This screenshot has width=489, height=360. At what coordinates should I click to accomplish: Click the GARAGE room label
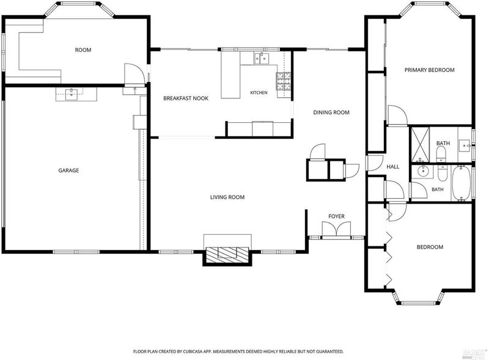coord(68,171)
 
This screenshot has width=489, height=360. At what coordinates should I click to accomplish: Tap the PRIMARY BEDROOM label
coord(430,70)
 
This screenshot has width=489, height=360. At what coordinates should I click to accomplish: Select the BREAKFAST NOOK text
coord(186,98)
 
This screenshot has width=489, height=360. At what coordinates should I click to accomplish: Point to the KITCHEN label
coord(259,93)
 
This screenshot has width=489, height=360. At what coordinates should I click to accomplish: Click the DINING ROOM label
coord(331,112)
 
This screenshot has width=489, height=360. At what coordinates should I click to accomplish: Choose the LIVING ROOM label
coord(227,197)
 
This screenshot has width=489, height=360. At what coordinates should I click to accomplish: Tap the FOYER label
coord(337,216)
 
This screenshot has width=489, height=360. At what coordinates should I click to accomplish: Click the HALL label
coord(393,167)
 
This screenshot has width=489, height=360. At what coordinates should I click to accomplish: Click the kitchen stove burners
coord(283,81)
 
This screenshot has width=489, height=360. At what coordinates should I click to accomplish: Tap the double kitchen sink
coord(262,58)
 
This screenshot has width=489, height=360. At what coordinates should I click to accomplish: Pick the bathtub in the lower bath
coord(461,183)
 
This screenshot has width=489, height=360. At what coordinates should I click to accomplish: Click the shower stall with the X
coord(421,145)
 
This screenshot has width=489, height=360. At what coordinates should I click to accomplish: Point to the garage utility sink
coord(72,94)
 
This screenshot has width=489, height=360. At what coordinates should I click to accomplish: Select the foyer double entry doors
coord(336,229)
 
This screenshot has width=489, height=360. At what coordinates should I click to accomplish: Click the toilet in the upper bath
coord(441,154)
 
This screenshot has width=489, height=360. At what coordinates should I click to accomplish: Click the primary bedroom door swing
coord(397,116)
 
